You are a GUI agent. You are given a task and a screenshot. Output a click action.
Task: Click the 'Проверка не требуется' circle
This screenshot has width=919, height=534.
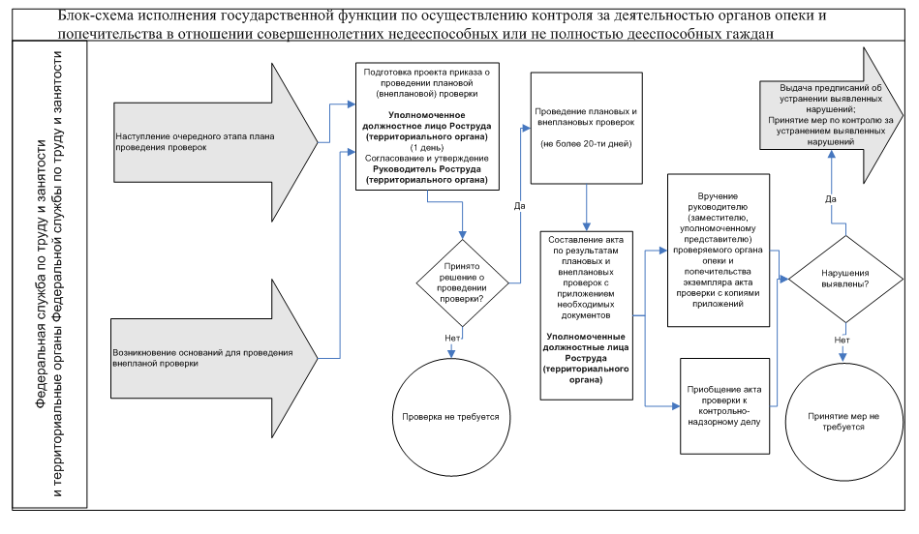450,416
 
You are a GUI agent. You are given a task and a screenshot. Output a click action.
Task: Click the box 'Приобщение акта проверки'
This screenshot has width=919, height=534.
727,404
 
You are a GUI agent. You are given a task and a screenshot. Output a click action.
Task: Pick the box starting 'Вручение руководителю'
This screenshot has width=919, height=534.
719,250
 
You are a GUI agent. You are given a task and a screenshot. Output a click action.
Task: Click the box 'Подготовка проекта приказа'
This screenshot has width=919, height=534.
427,126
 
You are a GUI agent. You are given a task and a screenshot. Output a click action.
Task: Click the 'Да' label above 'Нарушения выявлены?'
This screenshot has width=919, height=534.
830,198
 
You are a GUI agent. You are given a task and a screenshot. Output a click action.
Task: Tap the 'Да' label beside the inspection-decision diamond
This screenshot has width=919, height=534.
519,205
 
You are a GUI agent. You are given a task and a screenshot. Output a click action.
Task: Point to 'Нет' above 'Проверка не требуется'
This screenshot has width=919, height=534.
451,339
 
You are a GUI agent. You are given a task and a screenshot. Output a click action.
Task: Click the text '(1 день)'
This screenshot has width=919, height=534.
427,147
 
